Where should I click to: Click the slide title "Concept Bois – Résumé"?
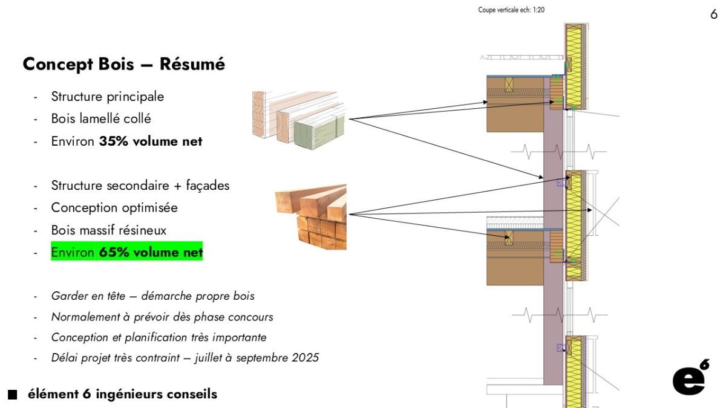pyautogui.click(x=123, y=64)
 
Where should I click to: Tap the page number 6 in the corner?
pyautogui.click(x=714, y=15)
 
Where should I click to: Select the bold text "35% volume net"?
pyautogui.click(x=151, y=141)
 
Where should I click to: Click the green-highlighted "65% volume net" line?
pyautogui.click(x=126, y=252)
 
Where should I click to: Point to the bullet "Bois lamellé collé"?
pyautogui.click(x=101, y=119)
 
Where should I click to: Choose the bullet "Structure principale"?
pyautogui.click(x=107, y=97)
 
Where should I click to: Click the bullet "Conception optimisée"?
pyautogui.click(x=114, y=208)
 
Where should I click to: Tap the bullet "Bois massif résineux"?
pyautogui.click(x=108, y=230)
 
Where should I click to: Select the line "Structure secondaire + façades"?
pyautogui.click(x=140, y=186)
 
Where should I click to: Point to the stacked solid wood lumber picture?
pyautogui.click(x=311, y=217)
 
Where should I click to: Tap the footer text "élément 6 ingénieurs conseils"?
pyautogui.click(x=122, y=395)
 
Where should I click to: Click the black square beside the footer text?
pyautogui.click(x=13, y=395)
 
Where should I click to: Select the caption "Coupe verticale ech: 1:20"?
pyautogui.click(x=511, y=10)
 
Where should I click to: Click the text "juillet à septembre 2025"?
pyautogui.click(x=257, y=358)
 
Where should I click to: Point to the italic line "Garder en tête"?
pyautogui.click(x=152, y=296)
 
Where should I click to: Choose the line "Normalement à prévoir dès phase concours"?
pyautogui.click(x=162, y=317)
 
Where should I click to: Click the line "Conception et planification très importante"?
pyautogui.click(x=159, y=337)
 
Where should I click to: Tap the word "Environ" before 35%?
pyautogui.click(x=73, y=141)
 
